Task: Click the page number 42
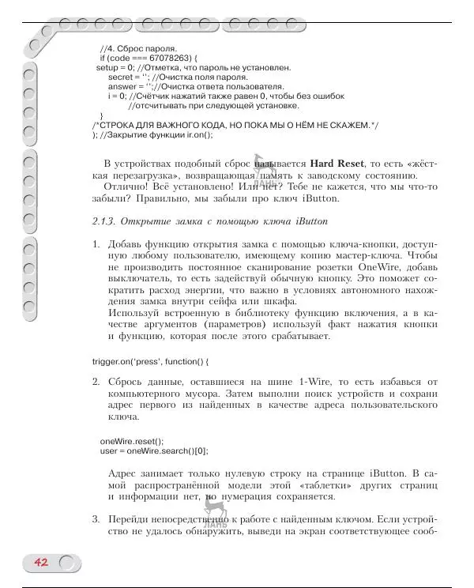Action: pos(41,562)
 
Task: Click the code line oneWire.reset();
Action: pos(131,441)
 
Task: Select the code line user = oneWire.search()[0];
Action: pos(154,451)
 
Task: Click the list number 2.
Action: pos(96,382)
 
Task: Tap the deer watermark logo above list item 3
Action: pos(214,511)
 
